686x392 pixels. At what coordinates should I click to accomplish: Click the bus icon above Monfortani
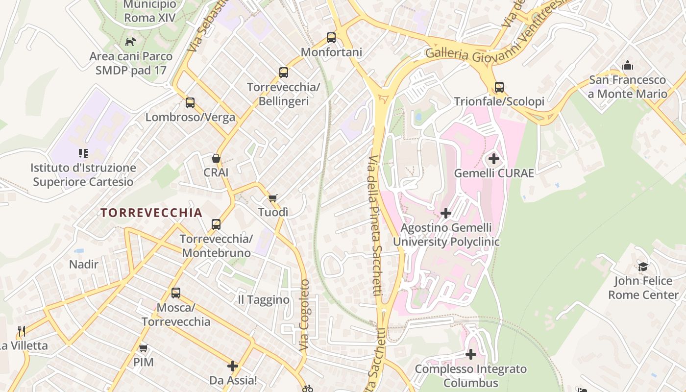[331, 38]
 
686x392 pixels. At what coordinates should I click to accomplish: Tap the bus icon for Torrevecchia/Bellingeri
[283, 73]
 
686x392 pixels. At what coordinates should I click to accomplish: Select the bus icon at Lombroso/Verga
[190, 103]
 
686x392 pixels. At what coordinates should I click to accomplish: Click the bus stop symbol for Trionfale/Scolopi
[499, 87]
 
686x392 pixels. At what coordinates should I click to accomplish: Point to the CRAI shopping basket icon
[216, 158]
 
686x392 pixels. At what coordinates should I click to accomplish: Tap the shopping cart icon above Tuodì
[273, 198]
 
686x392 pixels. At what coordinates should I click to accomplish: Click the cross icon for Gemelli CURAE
[494, 159]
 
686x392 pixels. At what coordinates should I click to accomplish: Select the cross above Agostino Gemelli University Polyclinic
[446, 213]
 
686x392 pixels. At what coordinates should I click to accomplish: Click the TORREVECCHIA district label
[151, 213]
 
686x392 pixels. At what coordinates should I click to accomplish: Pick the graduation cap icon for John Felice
[643, 267]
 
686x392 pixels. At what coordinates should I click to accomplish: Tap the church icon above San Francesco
[627, 65]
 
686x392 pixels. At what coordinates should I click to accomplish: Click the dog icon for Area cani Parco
[130, 42]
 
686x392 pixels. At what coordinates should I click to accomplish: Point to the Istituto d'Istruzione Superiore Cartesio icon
[83, 153]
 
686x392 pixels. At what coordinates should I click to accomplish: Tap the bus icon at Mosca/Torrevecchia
[176, 293]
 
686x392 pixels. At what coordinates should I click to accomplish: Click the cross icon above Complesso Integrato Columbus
[471, 354]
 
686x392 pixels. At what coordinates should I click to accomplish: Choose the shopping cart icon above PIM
[143, 348]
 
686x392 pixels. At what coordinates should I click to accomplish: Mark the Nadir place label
[84, 265]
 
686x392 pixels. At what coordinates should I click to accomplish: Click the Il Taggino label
[263, 300]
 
